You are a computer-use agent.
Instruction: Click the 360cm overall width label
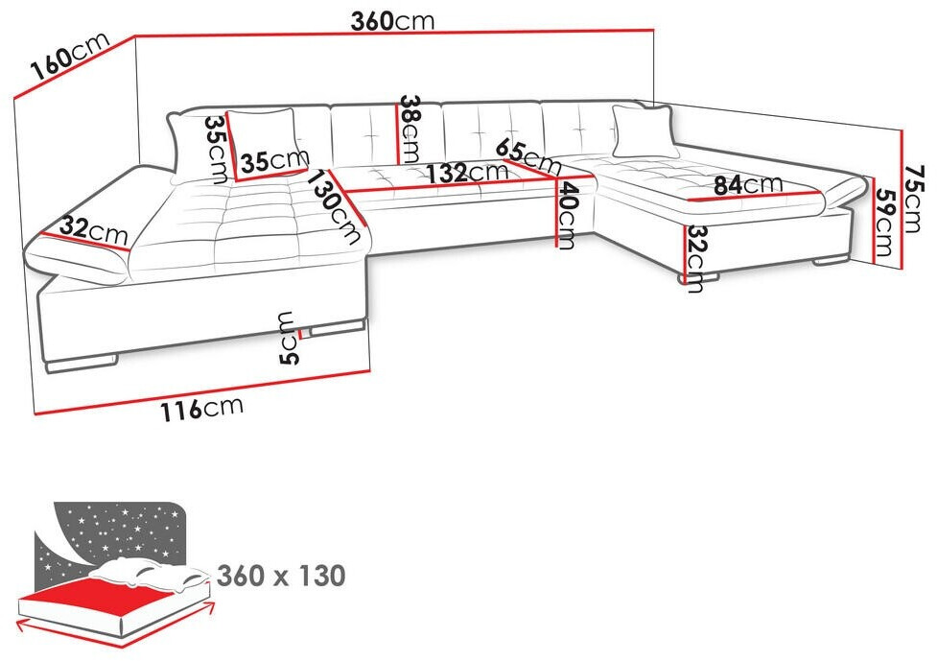coord(392,21)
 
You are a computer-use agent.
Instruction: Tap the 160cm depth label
coord(71,56)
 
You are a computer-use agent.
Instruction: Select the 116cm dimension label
coord(202,408)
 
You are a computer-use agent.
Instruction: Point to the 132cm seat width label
coord(466,173)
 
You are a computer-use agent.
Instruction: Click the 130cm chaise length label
coord(335,206)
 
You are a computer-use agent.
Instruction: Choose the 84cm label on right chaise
coord(748,184)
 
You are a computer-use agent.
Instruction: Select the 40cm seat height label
coord(568,215)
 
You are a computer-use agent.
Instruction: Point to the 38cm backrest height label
coord(410,129)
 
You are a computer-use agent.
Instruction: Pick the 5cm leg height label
coord(288,338)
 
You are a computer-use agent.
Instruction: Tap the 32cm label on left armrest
coord(94,229)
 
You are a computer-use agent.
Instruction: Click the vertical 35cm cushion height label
coord(217,150)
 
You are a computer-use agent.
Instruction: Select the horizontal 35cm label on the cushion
coord(275,160)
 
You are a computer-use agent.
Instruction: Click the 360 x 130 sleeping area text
coord(281,576)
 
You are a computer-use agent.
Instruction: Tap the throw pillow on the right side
coord(644,131)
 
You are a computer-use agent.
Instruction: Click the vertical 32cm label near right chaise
coord(695,259)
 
